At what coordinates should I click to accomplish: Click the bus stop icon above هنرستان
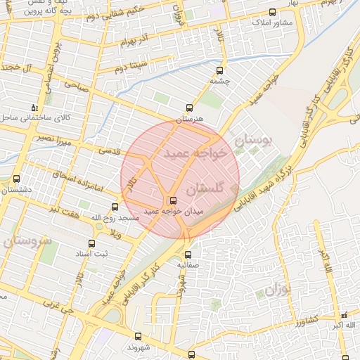pyautogui.click(x=188, y=108)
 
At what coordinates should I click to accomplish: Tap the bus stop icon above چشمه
pyautogui.click(x=220, y=70)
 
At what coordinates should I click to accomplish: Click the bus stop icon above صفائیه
pyautogui.click(x=188, y=255)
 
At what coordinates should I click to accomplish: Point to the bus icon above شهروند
pyautogui.click(x=137, y=336)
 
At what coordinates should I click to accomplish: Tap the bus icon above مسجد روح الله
pyautogui.click(x=115, y=207)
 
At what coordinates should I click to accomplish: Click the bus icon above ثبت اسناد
pyautogui.click(x=91, y=243)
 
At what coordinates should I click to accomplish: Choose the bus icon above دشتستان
pyautogui.click(x=16, y=179)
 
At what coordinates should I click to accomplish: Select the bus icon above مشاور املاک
pyautogui.click(x=273, y=12)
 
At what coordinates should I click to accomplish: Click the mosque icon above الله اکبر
pyautogui.click(x=344, y=314)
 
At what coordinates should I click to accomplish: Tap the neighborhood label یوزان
pyautogui.click(x=280, y=289)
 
